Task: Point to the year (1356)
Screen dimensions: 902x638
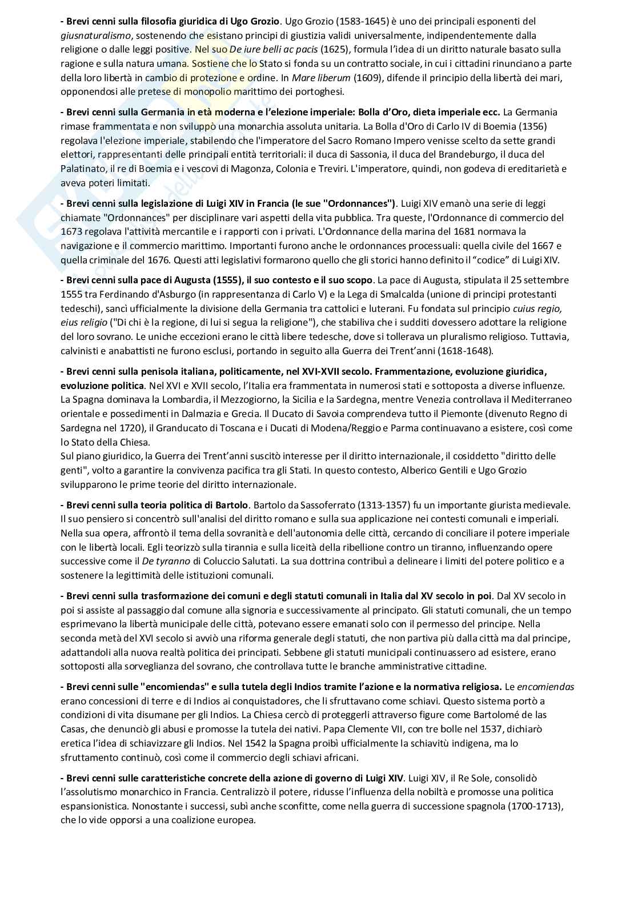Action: pyautogui.click(x=541, y=126)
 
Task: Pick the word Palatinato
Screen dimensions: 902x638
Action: pyautogui.click(x=85, y=169)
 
